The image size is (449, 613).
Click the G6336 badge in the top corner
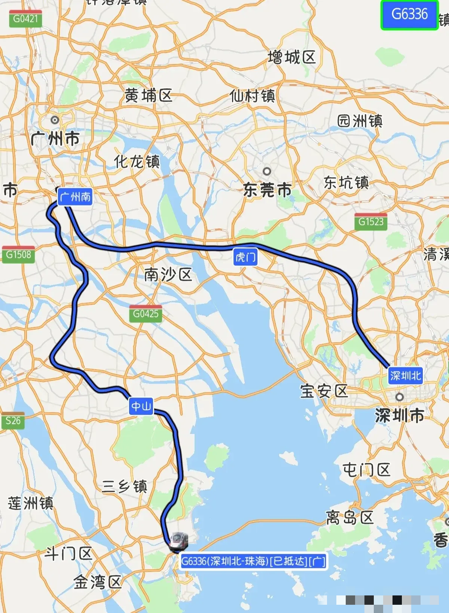(409, 15)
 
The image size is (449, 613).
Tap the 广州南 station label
(75, 197)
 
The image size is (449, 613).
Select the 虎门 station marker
(245, 257)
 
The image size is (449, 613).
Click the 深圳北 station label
(405, 375)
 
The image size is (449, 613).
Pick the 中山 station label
(141, 406)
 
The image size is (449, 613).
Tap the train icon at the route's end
(178, 541)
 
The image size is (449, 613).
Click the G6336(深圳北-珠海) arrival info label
(253, 561)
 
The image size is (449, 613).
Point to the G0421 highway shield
(25, 19)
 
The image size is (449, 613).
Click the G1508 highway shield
(18, 255)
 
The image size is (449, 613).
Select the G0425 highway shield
(146, 313)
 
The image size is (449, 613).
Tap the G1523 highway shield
(371, 221)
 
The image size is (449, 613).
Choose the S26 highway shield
(13, 421)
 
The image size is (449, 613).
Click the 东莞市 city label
(267, 190)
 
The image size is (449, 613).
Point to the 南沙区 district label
(168, 275)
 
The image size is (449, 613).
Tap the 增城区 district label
(292, 58)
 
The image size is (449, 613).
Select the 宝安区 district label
(324, 391)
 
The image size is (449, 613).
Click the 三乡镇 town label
(125, 487)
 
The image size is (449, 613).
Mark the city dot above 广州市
(55, 120)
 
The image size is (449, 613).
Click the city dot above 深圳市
(400, 397)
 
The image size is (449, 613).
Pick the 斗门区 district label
(68, 553)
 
